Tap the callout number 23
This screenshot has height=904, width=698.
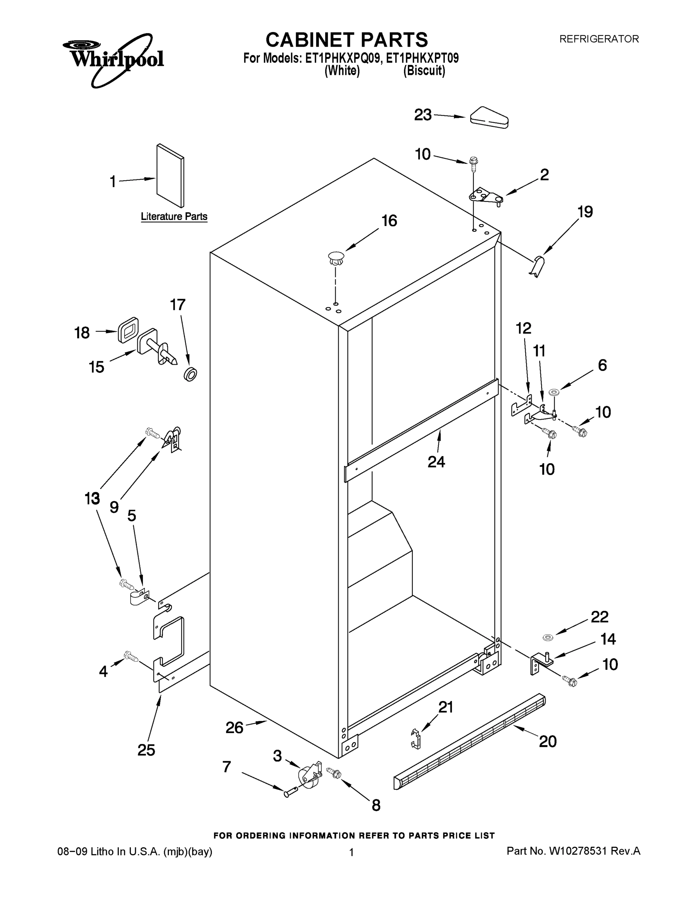[x=423, y=115]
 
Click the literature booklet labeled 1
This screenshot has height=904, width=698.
[x=170, y=176]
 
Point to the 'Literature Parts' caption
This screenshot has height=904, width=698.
[x=174, y=217]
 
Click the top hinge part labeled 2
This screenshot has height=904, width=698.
[x=486, y=195]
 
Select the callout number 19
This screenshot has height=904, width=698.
[x=585, y=212]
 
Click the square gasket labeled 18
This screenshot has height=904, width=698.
[x=128, y=330]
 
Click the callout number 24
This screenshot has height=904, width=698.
[x=436, y=461]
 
